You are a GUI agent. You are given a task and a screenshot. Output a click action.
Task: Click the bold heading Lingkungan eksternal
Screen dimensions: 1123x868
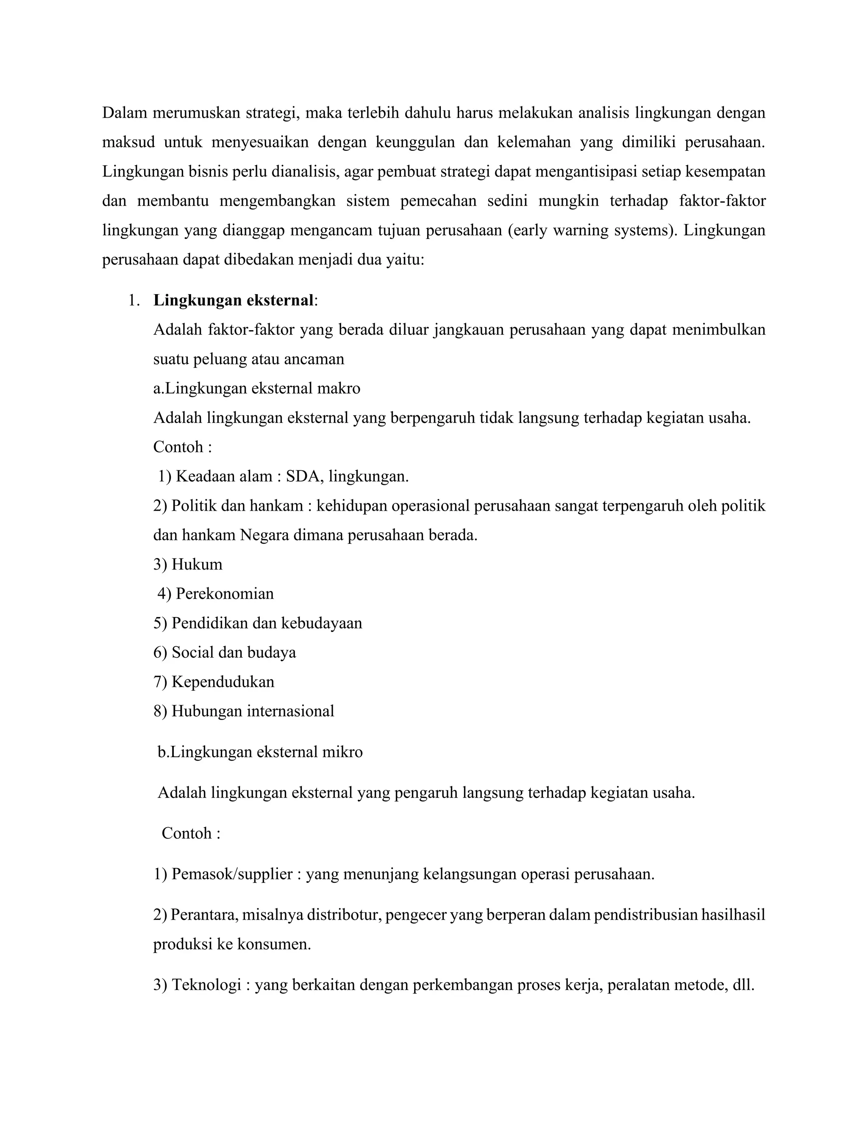[234, 300]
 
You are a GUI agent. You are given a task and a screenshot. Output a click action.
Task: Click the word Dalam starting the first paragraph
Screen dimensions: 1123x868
[122, 113]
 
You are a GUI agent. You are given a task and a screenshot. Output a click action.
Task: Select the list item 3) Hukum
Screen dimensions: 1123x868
[188, 564]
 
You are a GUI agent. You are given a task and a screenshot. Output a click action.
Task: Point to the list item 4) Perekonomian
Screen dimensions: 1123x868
[215, 594]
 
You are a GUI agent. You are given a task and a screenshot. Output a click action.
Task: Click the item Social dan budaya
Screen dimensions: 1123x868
[234, 653]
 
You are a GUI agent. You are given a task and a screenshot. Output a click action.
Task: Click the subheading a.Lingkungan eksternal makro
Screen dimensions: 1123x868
[256, 388]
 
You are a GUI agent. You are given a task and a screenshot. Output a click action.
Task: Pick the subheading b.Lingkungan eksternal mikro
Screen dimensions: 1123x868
[260, 752]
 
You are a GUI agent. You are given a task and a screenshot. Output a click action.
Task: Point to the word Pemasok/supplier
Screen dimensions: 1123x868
[232, 874]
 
